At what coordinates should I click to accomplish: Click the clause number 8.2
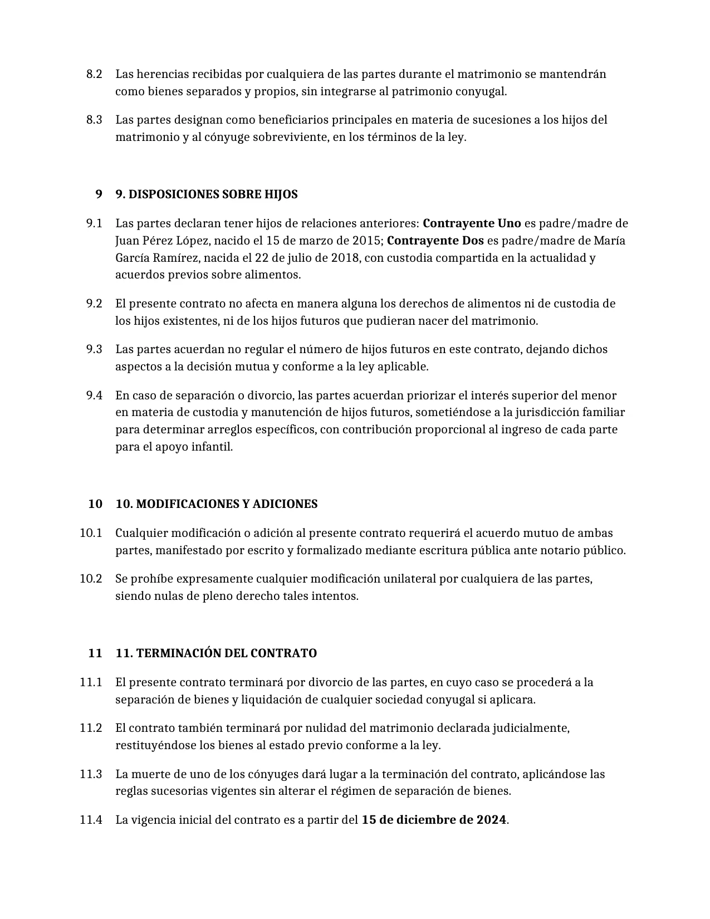pos(94,74)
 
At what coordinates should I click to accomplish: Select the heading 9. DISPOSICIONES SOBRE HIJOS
pos(206,194)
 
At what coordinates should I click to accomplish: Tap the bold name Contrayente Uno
pos(472,223)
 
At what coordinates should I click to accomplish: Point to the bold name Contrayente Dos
pos(435,241)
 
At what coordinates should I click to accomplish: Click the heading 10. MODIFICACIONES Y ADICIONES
pos(216,504)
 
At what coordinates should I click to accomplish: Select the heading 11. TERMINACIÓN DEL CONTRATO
pos(216,653)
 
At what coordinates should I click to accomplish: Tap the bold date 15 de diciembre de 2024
pos(434,820)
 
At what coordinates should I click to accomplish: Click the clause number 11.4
pos(91,820)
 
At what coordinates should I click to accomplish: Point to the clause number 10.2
pos(91,579)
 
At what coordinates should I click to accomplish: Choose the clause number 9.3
pos(94,349)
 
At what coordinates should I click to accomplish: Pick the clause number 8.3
pos(94,120)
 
